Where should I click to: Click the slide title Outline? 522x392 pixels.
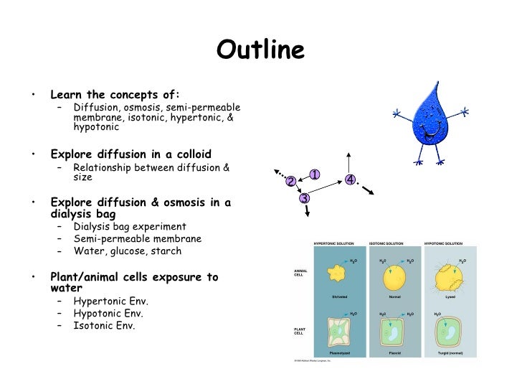[x=260, y=50]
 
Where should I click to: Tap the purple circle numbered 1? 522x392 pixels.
[x=314, y=174]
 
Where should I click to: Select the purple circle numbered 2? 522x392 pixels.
[x=290, y=182]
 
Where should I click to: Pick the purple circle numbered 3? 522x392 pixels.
[x=304, y=197]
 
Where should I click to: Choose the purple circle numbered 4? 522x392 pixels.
[x=350, y=179]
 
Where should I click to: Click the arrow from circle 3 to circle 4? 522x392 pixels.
[x=328, y=188]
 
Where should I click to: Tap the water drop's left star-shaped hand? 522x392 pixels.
[x=397, y=113]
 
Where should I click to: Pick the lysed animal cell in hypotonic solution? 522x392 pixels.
[x=450, y=274]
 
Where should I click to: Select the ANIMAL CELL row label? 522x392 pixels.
[x=300, y=273]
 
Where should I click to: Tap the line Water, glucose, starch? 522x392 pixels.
[x=127, y=251]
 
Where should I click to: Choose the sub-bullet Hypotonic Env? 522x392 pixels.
[x=108, y=313]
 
